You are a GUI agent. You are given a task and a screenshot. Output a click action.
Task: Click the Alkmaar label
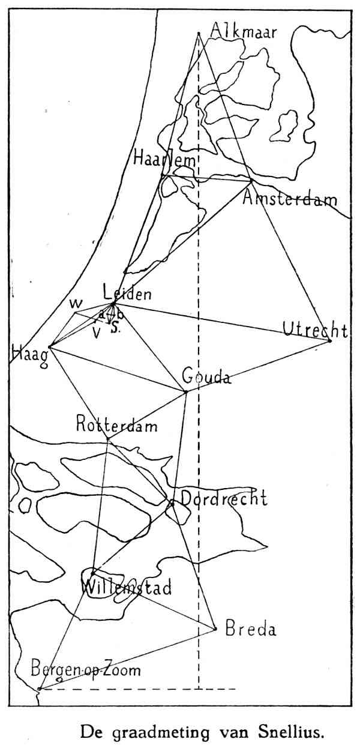pyautogui.click(x=244, y=30)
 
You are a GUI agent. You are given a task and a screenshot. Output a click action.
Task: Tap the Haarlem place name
pyautogui.click(x=165, y=160)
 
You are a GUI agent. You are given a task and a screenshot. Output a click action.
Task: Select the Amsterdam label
pyautogui.click(x=290, y=199)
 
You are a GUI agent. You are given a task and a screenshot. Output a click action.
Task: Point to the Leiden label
pyautogui.click(x=127, y=294)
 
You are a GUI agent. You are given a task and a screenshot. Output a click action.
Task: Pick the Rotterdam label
pyautogui.click(x=116, y=426)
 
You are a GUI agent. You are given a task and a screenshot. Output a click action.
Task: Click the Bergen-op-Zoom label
pyautogui.click(x=86, y=669)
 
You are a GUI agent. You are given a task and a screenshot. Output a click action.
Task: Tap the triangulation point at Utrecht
pyautogui.click(x=330, y=341)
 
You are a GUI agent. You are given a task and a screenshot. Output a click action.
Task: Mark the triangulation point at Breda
pyautogui.click(x=215, y=629)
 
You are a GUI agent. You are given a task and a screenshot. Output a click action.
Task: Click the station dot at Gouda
pyautogui.click(x=186, y=392)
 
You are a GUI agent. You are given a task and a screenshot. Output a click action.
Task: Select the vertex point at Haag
pyautogui.click(x=50, y=346)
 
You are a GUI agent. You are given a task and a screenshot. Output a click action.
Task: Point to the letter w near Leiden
pyautogui.click(x=76, y=301)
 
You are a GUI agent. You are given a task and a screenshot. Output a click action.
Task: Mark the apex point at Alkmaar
pyautogui.click(x=198, y=33)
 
